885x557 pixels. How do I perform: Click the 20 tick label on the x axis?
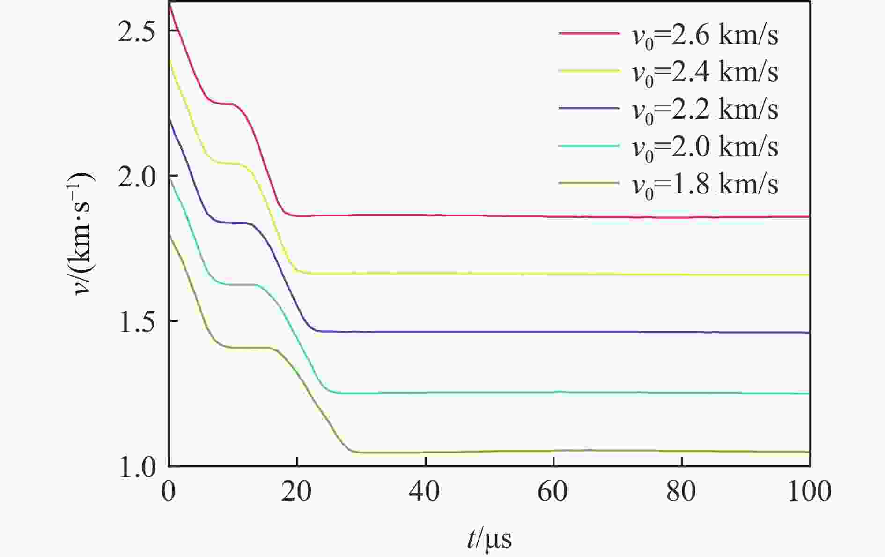(296, 492)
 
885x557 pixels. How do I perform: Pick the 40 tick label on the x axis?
(425, 492)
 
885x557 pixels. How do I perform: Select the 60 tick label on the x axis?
(553, 492)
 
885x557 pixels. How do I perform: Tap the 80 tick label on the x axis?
(681, 492)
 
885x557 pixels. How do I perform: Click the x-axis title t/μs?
(489, 539)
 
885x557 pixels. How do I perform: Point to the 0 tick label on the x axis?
(169, 492)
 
